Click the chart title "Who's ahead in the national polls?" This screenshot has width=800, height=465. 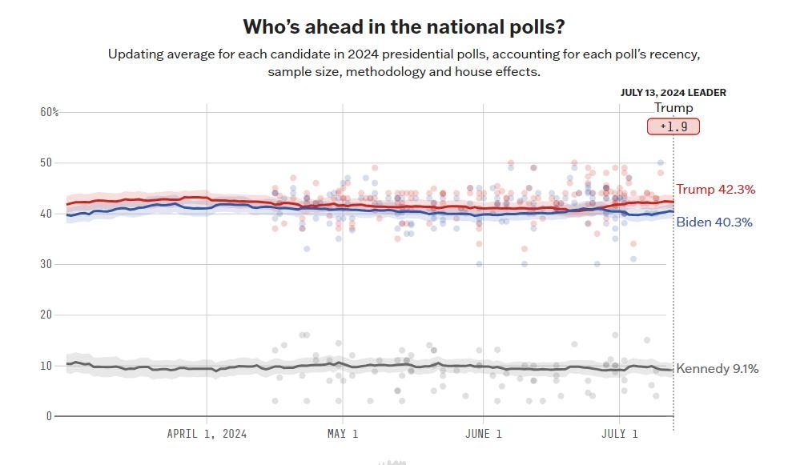click(x=404, y=27)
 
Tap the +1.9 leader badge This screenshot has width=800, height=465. click(x=673, y=126)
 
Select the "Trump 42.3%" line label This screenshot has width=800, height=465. click(x=716, y=189)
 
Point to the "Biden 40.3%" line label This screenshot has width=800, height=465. click(x=714, y=222)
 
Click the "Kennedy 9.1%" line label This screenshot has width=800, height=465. click(x=718, y=369)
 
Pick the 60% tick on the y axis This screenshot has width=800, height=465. click(x=50, y=112)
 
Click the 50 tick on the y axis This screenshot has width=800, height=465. click(x=46, y=162)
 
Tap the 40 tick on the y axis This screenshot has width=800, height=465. click(x=46, y=214)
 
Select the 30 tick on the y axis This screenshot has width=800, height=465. click(x=46, y=264)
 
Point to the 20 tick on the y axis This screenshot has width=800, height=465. click(x=46, y=315)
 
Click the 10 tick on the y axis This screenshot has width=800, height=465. click(x=46, y=366)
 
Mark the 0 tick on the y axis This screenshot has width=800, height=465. click(x=49, y=416)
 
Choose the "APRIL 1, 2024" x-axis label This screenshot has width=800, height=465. click(x=207, y=434)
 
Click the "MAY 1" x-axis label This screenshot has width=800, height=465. click(x=343, y=434)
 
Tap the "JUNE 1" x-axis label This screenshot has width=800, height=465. click(x=483, y=434)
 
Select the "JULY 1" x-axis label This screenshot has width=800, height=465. click(x=619, y=434)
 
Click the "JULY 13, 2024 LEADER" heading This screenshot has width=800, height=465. click(x=673, y=93)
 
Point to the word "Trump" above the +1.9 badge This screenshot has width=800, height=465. click(x=673, y=107)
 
